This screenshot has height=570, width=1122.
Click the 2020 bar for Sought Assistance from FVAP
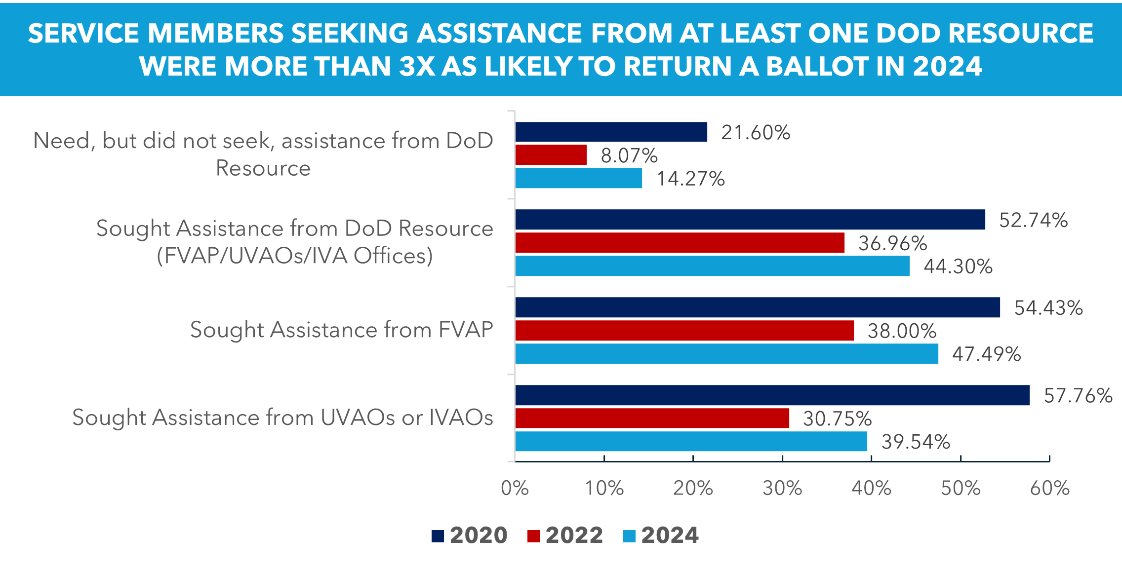point(757,307)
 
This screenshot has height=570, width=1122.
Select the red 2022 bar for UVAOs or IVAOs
point(652,418)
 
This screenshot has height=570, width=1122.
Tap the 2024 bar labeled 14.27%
point(578,178)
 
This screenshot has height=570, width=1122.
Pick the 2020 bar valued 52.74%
point(750,220)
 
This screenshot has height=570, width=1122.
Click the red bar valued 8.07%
point(551,155)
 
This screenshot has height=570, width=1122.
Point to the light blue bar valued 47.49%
point(726,354)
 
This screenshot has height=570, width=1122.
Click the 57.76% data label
point(1078,396)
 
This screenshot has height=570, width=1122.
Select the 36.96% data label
point(892,243)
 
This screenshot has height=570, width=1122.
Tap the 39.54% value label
point(916,442)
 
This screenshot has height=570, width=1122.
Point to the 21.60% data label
point(755,133)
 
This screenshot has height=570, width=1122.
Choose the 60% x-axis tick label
point(1049,488)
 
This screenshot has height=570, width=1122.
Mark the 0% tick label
point(515,488)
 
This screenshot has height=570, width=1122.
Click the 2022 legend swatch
point(533,536)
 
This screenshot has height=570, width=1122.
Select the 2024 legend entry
point(669,535)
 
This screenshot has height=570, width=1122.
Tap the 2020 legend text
point(478,535)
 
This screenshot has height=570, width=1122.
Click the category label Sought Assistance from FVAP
point(341,330)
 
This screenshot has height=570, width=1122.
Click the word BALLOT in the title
point(817,67)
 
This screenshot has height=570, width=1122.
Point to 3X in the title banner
point(417,67)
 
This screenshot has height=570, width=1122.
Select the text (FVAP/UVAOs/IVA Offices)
point(295,256)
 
